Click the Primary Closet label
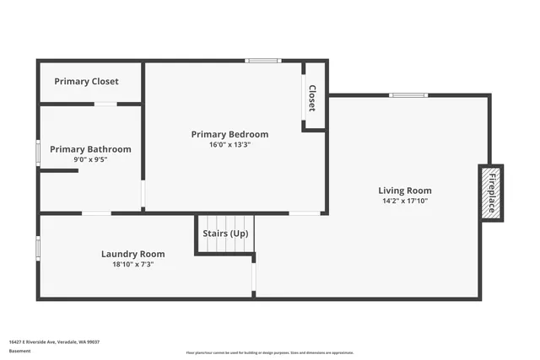tap(86, 82)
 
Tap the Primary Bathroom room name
tap(90, 149)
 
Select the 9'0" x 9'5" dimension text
tap(90, 159)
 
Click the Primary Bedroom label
tap(229, 134)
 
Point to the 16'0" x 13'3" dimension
tap(229, 144)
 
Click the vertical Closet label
tap(311, 98)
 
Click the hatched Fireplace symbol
tap(490, 193)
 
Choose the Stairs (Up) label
tap(225, 233)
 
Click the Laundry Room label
tap(132, 254)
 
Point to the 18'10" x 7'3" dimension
tap(132, 264)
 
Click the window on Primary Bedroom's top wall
tap(262, 61)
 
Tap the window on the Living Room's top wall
tap(408, 95)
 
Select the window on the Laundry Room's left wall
tap(38, 248)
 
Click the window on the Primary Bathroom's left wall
tap(38, 152)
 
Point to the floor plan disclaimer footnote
tap(269, 352)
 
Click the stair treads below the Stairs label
tap(225, 245)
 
